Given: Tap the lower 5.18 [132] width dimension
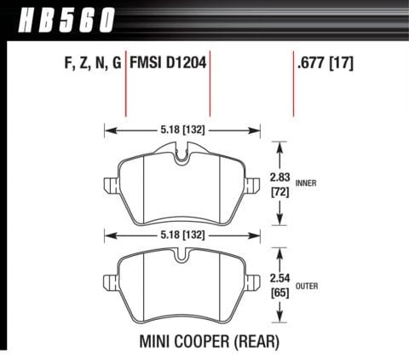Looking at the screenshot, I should (x=181, y=232).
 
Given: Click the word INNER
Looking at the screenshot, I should (x=308, y=183).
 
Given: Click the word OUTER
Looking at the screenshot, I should (x=308, y=284).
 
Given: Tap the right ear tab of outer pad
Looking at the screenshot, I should (x=254, y=281).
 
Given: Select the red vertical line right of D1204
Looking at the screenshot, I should (x=209, y=85).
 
